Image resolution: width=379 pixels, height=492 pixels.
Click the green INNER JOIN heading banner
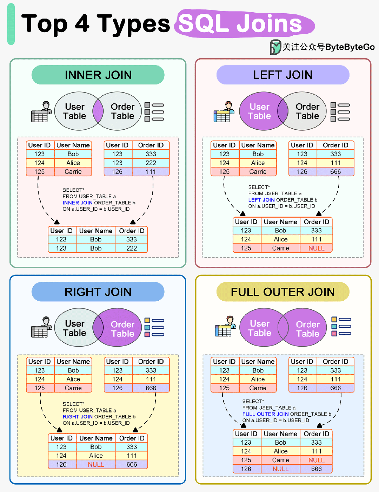coord(98,75)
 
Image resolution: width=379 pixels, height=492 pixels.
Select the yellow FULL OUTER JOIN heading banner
coord(283,292)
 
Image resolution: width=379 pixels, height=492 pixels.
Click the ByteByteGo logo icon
coord(275,47)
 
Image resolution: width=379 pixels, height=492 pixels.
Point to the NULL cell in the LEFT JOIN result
coord(316,248)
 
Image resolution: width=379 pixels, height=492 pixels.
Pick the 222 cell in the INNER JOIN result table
coord(132,248)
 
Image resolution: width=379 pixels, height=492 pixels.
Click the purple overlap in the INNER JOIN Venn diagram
coord(98,111)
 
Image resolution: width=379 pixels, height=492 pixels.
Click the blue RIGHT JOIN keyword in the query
coord(78,417)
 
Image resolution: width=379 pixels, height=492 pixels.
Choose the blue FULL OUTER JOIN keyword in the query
coord(265,414)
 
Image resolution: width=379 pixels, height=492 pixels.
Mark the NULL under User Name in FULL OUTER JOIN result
coord(280,469)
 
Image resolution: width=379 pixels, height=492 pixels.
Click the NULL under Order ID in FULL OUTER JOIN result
coord(316,460)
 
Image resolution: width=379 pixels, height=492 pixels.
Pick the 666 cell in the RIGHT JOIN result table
coord(132,464)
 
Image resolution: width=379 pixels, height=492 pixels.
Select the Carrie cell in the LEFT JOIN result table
coord(280,248)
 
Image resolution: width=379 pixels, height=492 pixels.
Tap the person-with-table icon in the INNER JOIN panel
coord(41,112)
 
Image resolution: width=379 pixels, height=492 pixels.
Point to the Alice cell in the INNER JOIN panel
coord(73,163)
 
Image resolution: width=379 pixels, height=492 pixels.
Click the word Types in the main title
coord(133,24)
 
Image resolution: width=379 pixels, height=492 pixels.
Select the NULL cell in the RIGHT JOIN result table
coord(96,464)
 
